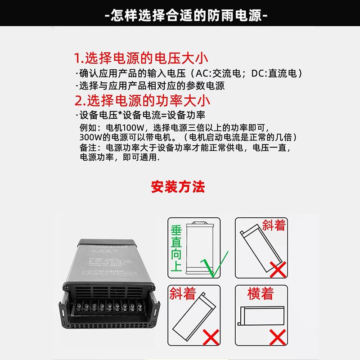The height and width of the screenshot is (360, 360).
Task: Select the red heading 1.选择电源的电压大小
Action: point(141,58)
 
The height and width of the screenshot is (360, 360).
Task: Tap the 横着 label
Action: point(261,294)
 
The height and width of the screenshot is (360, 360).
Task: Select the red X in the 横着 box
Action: point(278,335)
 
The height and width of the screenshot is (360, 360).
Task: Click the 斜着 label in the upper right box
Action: point(274,225)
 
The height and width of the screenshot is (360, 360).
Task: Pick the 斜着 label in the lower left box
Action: point(183,294)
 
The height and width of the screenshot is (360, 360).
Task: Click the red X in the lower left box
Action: point(211,335)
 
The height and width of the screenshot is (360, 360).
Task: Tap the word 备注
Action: point(88,148)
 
